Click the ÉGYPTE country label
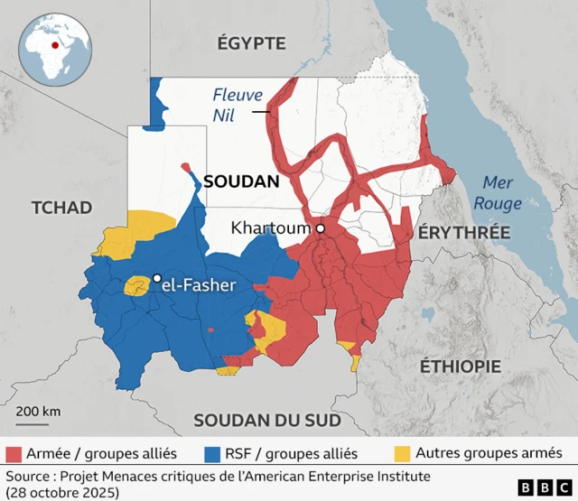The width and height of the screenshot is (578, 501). pyautogui.click(x=251, y=43)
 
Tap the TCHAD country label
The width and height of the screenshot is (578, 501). pyautogui.click(x=61, y=208)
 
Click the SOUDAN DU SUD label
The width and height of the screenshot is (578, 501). pyautogui.click(x=266, y=421)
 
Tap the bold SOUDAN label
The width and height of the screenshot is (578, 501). pyautogui.click(x=241, y=181)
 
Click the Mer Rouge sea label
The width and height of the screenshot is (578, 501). pyautogui.click(x=498, y=192)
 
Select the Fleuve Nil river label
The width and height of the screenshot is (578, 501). pyautogui.click(x=238, y=103)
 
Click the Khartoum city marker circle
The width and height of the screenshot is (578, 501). pyautogui.click(x=320, y=229)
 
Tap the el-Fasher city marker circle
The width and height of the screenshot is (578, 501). pyautogui.click(x=157, y=278)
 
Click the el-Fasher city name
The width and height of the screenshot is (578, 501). pyautogui.click(x=200, y=285)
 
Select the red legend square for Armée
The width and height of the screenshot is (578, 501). pyautogui.click(x=14, y=452)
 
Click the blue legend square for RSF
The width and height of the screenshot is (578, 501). pyautogui.click(x=213, y=452)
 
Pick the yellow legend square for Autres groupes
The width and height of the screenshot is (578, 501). pyautogui.click(x=404, y=452)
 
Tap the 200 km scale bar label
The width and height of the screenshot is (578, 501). pyautogui.click(x=38, y=412)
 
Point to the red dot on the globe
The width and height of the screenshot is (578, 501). pyautogui.click(x=55, y=44)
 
